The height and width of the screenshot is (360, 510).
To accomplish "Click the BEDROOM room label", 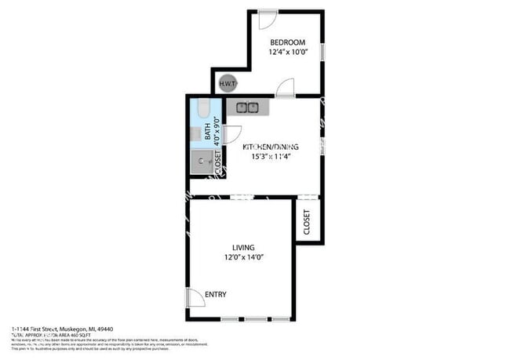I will pos(287,42).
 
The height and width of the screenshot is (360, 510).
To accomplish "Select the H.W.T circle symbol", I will pos(228,83).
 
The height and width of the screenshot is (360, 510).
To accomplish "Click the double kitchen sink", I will pos(248,107).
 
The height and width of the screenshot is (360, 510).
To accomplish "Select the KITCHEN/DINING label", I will pos(266,147).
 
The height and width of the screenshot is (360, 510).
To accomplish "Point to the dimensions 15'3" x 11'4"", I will pos(266,156).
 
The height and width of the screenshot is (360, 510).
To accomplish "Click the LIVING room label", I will pos(242,248).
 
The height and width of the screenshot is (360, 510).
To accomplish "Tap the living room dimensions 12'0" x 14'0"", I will pos(242,258).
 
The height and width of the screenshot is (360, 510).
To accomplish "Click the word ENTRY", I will pos(215,295).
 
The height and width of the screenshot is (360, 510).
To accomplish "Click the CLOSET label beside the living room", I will pos(307,221).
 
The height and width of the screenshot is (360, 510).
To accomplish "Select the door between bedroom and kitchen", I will pos(286,88).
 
